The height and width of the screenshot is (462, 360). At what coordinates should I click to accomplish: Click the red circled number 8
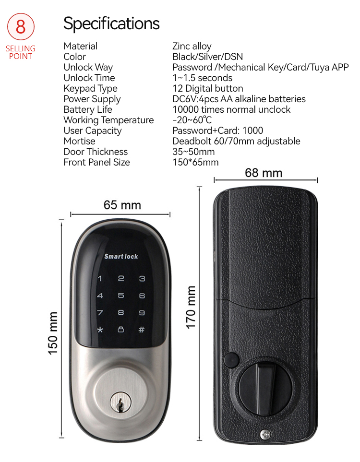pos(21,26)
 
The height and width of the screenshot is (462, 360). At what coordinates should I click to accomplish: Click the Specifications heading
pos(111,24)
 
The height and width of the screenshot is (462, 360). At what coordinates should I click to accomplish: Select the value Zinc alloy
pos(192,46)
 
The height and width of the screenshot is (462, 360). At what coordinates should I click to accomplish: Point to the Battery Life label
pos(88,109)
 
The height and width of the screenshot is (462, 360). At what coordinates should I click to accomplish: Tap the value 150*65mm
pos(195,162)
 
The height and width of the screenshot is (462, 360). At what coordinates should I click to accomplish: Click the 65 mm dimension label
pos(122,205)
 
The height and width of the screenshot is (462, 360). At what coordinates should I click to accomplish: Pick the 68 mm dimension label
pos(264,173)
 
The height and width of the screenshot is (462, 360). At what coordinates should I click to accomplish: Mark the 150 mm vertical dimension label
pos(53,333)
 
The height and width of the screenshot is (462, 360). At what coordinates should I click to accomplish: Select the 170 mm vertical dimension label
pos(191,308)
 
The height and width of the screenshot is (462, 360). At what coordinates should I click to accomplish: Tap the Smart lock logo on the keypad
pos(121,257)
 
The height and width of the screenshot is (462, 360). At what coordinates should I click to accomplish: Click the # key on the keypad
pos(142,330)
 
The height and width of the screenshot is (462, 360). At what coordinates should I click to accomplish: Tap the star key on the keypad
pos(100,330)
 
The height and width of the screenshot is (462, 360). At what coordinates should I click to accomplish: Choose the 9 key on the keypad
pos(142,313)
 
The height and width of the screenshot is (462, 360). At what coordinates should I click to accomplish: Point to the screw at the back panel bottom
pos(265,434)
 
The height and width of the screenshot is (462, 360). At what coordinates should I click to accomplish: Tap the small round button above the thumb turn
pos(231,360)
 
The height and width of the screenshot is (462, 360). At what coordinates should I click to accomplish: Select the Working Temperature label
pos(108,120)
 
